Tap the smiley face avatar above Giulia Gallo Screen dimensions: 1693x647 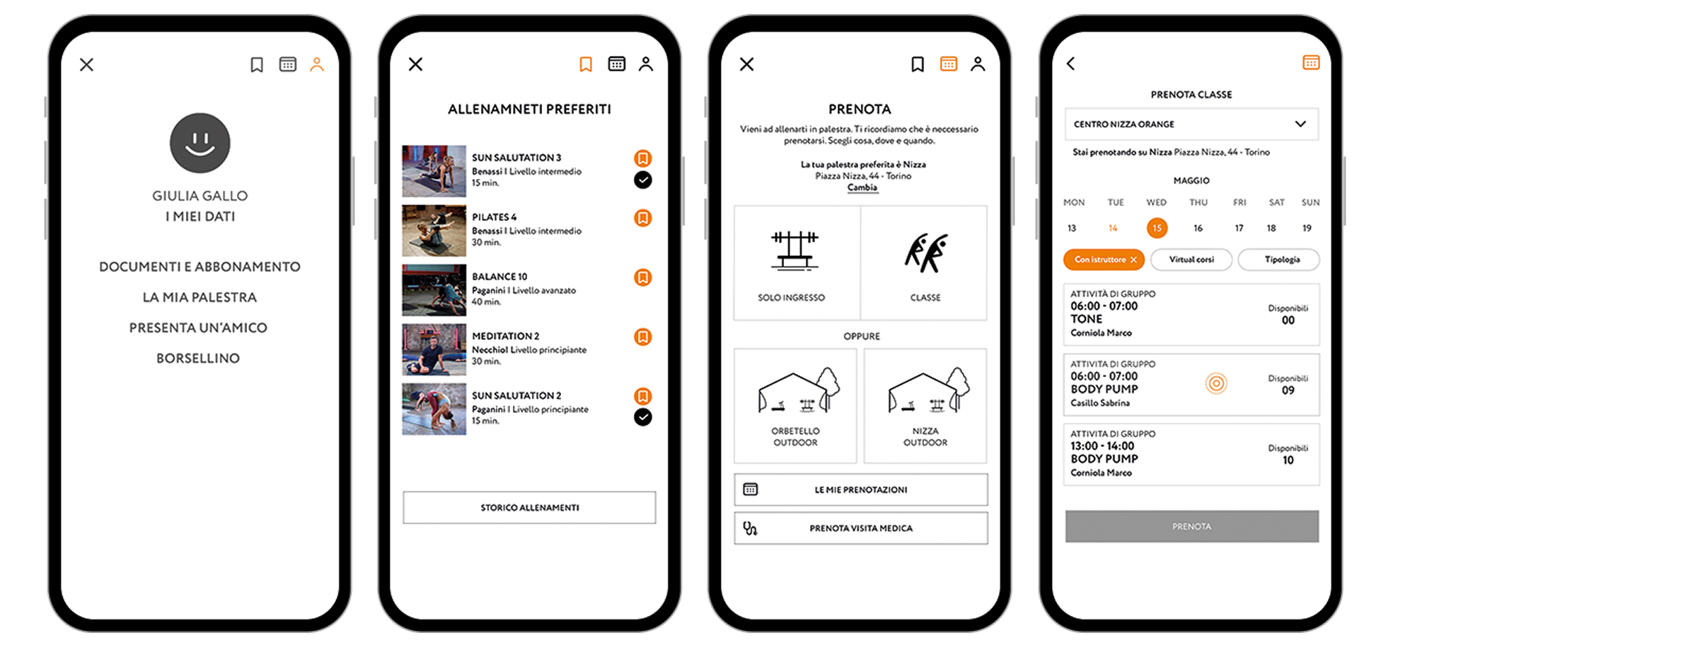200,143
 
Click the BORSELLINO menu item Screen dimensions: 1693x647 198,359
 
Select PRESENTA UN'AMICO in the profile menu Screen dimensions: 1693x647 198,328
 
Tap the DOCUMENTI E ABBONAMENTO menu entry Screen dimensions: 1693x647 200,267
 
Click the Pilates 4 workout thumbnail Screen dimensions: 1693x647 434,231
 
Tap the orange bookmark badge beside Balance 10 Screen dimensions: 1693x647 642,277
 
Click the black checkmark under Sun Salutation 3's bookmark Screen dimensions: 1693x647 642,180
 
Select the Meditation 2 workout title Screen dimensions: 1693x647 506,336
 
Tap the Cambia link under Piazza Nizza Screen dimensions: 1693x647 862,187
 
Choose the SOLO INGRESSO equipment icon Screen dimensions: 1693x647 795,252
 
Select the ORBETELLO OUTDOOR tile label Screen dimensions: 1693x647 795,437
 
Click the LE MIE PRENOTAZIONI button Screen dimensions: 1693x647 861,489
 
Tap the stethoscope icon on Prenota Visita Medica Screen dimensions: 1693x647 750,528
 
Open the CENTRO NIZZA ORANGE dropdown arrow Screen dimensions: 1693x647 1300,124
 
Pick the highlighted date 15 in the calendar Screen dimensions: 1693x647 1157,228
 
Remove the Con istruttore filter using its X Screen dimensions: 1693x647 1133,260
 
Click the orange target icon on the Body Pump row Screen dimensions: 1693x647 1216,383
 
